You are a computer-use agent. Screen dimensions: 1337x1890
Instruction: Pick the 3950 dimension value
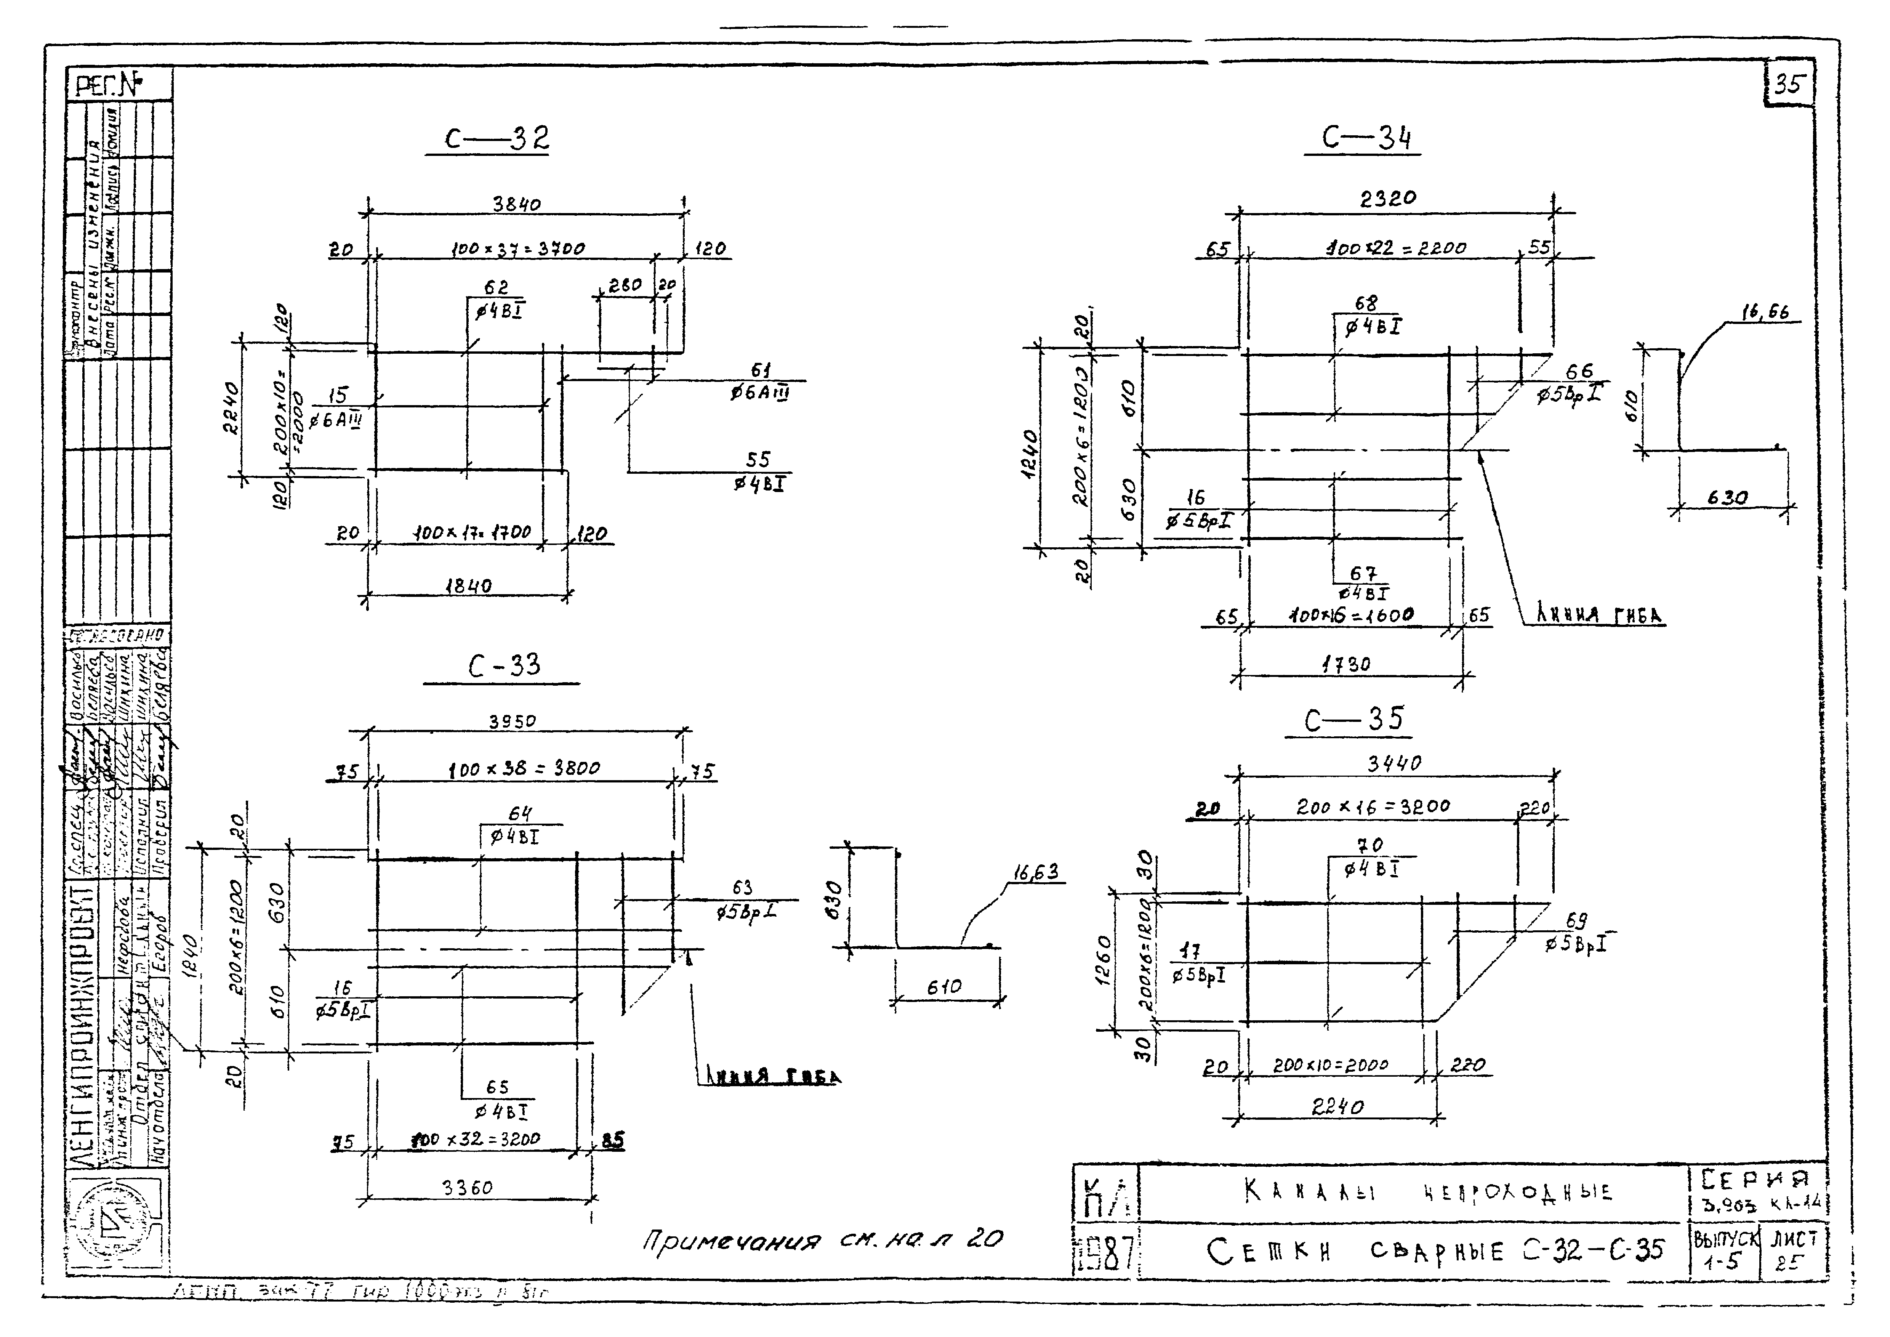pos(512,721)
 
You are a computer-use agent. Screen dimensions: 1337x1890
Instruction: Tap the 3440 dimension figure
pos(1395,763)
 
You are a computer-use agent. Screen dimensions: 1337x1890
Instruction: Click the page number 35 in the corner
pos(1789,85)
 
